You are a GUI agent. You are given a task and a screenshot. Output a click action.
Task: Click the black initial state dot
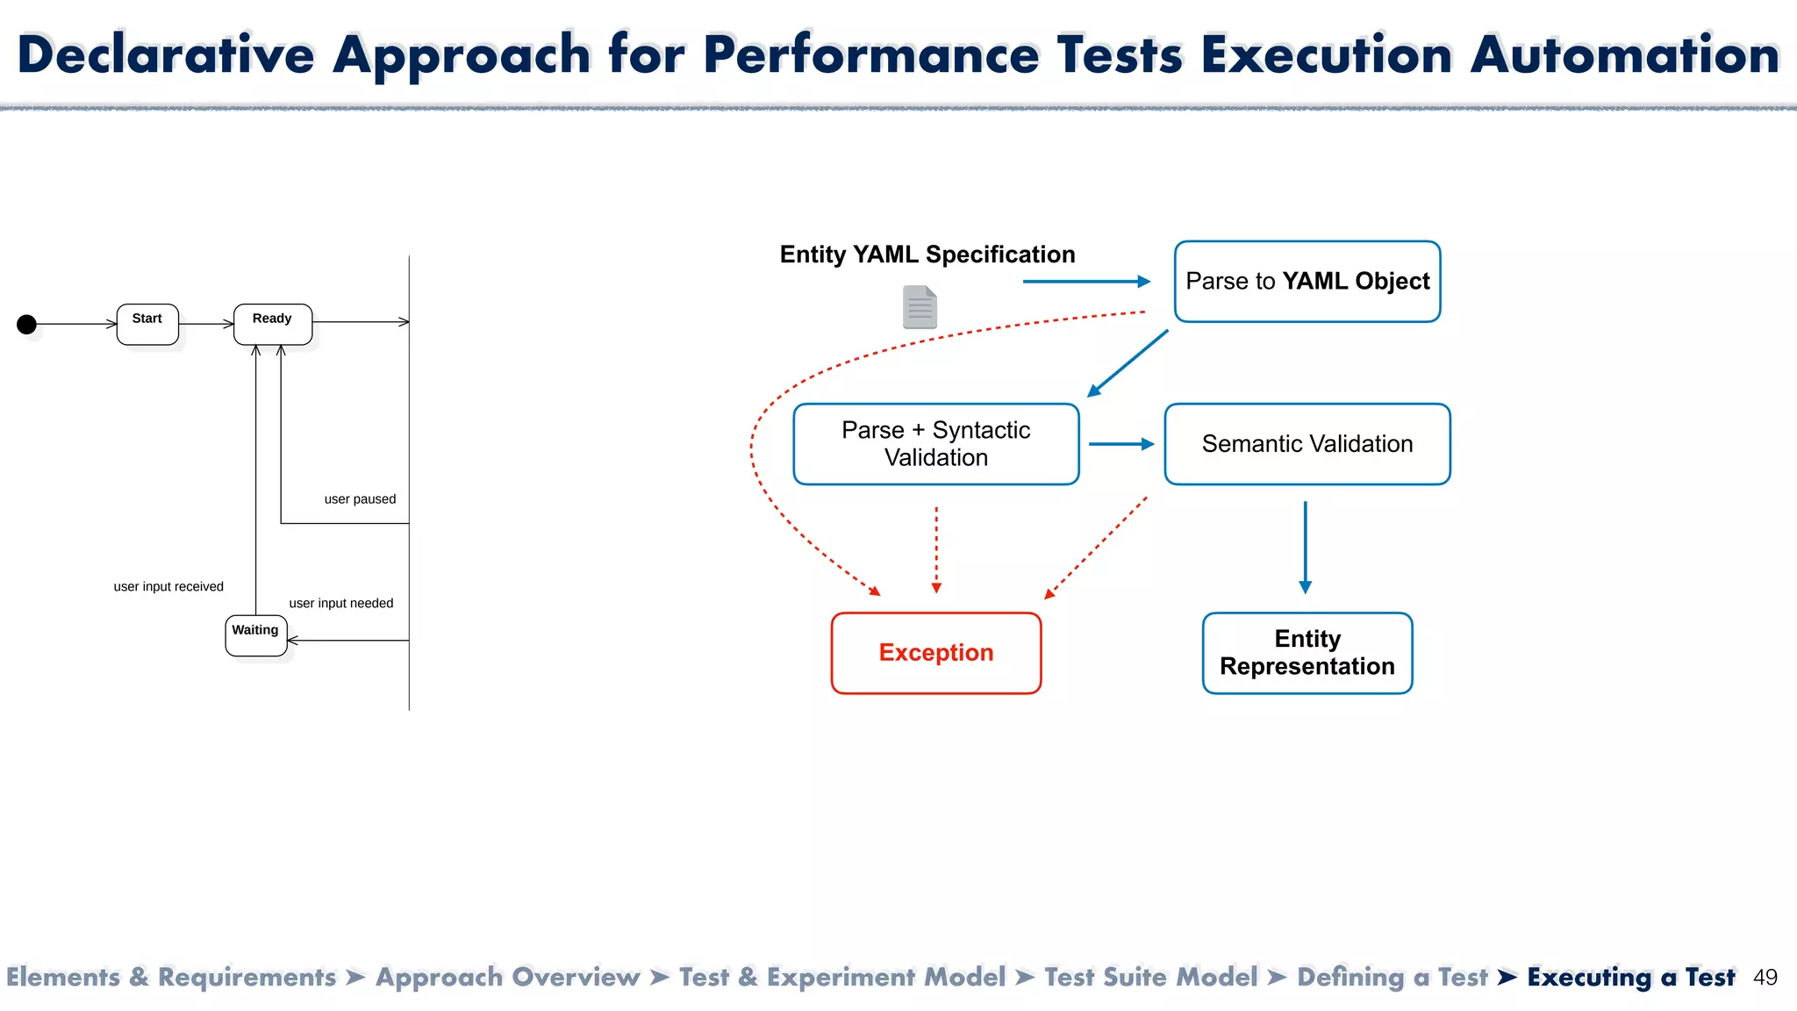[x=27, y=325]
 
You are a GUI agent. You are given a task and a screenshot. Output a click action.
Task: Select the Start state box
[x=147, y=324]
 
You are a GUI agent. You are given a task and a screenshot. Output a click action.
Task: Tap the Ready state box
[x=273, y=324]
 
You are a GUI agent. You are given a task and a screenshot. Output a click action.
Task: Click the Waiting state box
[x=255, y=635]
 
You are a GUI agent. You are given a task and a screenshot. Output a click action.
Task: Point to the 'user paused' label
[x=360, y=499]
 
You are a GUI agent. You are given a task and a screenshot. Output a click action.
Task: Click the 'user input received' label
[x=168, y=587]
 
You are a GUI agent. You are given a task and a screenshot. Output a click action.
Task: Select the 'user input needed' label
[x=341, y=604]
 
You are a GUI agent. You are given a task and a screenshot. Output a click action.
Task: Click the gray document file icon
[x=920, y=307]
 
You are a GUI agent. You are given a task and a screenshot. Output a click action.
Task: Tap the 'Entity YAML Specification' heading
[x=927, y=255]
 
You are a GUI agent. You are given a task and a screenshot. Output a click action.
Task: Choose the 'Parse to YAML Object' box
[x=1307, y=282]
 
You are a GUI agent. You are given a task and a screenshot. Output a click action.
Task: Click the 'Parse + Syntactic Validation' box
[x=935, y=444]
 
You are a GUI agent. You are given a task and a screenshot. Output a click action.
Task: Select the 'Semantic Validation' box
[x=1307, y=444]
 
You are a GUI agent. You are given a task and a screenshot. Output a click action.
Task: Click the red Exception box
[x=935, y=653]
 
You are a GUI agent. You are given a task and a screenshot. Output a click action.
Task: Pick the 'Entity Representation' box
[x=1307, y=653]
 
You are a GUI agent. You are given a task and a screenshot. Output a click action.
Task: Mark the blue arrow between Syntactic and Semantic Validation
[x=1120, y=444]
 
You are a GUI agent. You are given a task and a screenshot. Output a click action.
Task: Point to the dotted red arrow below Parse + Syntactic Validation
[x=936, y=549]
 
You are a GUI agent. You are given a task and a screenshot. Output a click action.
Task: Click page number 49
[x=1765, y=978]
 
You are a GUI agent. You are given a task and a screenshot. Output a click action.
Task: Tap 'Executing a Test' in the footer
[x=1630, y=978]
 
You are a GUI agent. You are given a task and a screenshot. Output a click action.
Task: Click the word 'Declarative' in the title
[x=166, y=54]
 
